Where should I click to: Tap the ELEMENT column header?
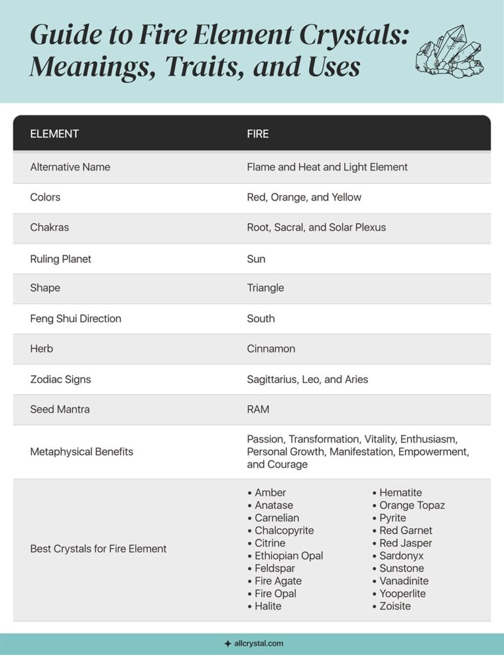(54, 133)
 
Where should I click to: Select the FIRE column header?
(258, 133)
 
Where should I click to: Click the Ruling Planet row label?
(60, 259)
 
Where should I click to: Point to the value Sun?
(256, 259)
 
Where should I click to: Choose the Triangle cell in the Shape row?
(265, 288)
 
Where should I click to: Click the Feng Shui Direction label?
(75, 319)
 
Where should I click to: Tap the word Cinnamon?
(271, 349)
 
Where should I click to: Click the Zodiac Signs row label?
(60, 379)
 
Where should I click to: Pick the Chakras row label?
(49, 227)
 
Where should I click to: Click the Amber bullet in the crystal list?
(270, 493)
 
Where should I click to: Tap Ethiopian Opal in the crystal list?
(288, 556)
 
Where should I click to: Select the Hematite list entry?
(400, 493)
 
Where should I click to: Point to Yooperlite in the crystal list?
(402, 594)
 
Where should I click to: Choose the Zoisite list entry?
(394, 606)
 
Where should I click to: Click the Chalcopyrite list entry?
(283, 530)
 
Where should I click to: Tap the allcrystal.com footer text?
(258, 644)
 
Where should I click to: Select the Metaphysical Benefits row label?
(81, 452)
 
